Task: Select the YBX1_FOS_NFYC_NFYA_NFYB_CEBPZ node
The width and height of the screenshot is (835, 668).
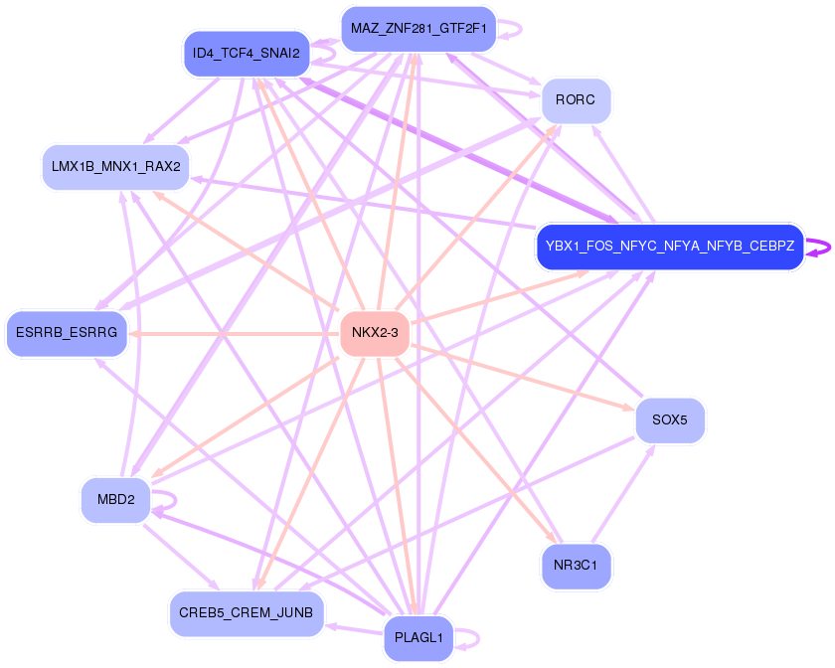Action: [669, 246]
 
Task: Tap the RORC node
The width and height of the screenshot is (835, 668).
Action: [576, 100]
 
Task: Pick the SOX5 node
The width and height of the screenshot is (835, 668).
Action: [670, 419]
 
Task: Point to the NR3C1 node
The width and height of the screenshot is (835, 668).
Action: [576, 566]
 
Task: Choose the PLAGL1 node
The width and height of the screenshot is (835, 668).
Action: [418, 637]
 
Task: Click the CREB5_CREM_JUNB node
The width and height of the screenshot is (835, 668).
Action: [247, 613]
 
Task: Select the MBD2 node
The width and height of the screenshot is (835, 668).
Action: [115, 499]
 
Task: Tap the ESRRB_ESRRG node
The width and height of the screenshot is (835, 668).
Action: [67, 332]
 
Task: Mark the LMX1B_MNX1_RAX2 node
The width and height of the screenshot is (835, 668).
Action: [115, 166]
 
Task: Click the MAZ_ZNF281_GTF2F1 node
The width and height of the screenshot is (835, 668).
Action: [418, 28]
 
